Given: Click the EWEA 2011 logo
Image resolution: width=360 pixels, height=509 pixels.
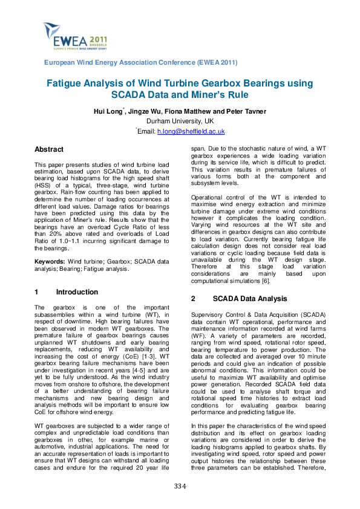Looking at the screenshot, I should pos(67,37).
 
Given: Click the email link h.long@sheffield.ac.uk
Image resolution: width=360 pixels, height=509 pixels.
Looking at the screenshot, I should pos(191,131).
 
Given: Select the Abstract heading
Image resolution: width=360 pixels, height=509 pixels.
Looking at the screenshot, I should pos(49,149).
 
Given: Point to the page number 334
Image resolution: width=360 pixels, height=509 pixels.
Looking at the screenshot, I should pos(180,486).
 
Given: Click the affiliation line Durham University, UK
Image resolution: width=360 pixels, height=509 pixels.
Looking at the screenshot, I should pos(180,121).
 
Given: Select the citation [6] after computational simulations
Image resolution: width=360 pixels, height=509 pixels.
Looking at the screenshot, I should pos(248,280).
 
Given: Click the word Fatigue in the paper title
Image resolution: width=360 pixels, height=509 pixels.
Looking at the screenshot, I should pos(68,83).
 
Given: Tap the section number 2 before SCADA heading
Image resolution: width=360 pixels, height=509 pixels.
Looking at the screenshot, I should pos(193,299).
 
